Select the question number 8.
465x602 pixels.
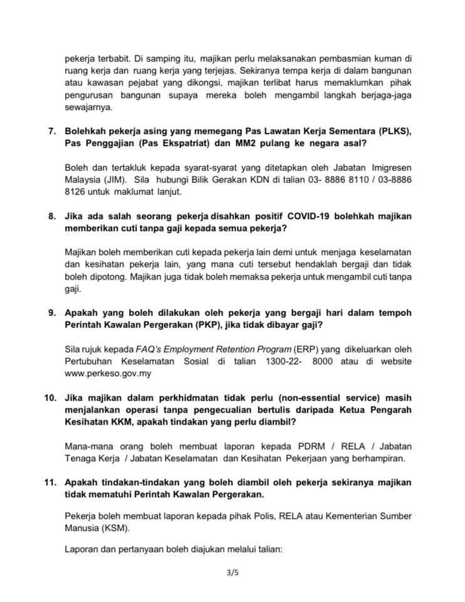tap(52, 216)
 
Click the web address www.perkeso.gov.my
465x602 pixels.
tap(108, 374)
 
